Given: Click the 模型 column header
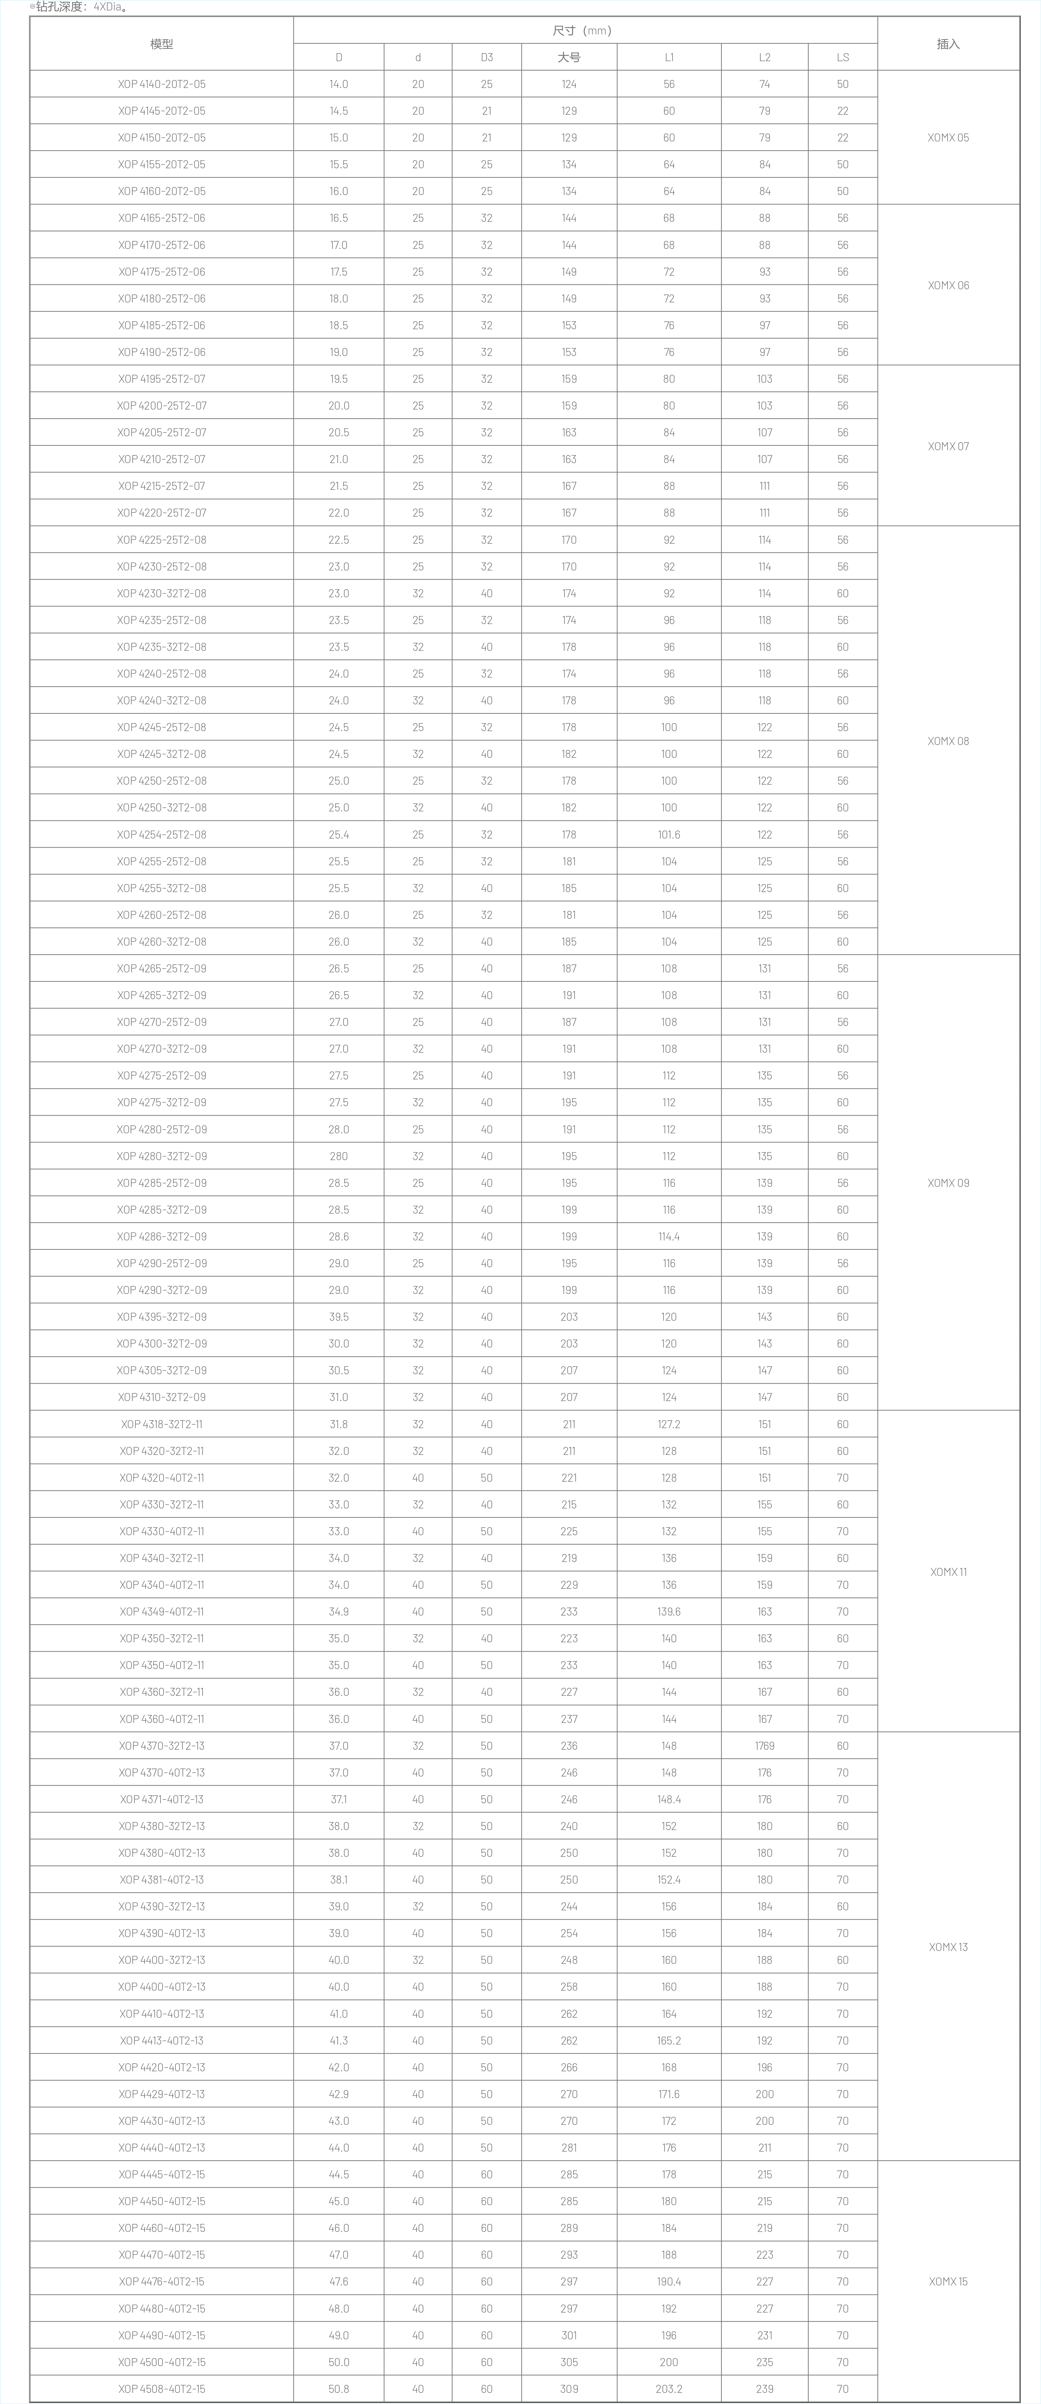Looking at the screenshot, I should click(x=162, y=44).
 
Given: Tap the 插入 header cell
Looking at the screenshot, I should click(x=948, y=44).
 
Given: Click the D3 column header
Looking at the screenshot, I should click(x=487, y=57).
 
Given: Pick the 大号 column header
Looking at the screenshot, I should click(x=569, y=57).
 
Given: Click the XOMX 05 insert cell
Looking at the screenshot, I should click(x=948, y=137).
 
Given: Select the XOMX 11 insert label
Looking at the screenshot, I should click(x=948, y=1572).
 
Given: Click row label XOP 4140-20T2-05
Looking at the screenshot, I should click(x=162, y=84).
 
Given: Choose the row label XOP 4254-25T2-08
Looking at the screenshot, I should click(x=162, y=834).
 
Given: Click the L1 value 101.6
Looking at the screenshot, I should click(x=669, y=834).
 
